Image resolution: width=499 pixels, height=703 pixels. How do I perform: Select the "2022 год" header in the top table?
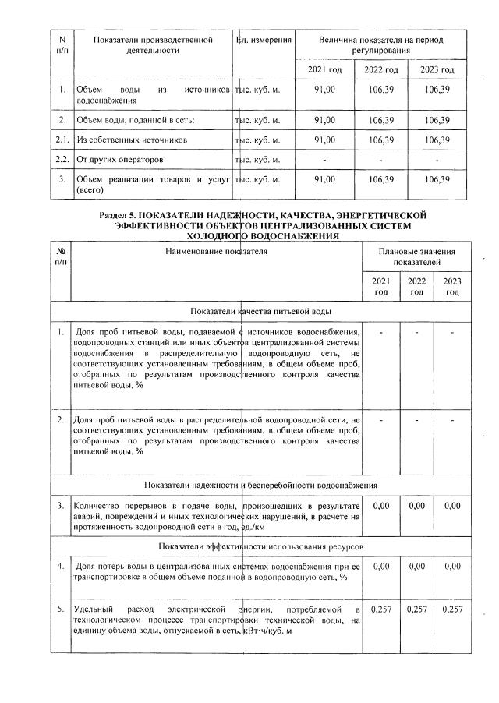coord(381,70)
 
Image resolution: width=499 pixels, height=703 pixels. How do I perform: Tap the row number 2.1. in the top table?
coord(61,140)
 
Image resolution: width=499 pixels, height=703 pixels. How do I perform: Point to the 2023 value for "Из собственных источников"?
coord(438,140)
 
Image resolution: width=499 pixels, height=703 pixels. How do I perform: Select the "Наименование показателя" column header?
coord(215,253)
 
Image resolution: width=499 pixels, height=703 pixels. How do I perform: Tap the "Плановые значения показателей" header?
coord(416,258)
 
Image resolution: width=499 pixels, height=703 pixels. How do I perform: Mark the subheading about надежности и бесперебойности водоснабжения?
coord(260,485)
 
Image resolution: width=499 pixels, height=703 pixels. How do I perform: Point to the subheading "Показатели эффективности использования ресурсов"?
coord(260,546)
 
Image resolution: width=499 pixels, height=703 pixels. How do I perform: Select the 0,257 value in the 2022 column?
coord(417,607)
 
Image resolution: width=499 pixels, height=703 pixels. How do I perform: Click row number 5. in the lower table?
coord(61,607)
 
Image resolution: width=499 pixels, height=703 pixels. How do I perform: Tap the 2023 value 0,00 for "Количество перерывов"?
coord(451,506)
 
